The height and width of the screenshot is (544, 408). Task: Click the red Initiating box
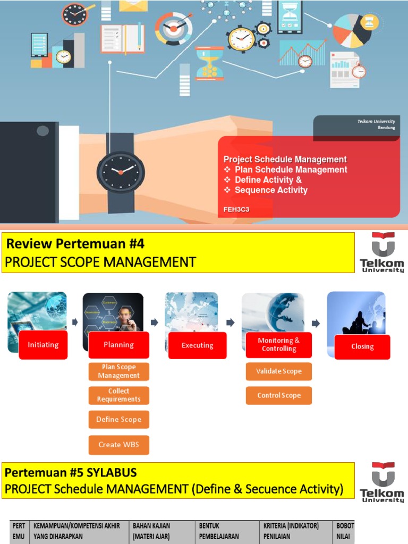coord(43,345)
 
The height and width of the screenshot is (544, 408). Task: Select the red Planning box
coord(118,345)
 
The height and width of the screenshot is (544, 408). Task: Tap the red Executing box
coord(197,345)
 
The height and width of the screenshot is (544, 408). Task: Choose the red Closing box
coord(362,346)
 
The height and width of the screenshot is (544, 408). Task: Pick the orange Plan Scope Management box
coord(118,371)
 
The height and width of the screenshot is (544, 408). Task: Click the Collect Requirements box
coord(118,395)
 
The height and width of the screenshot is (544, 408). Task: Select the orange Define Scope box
coord(118,419)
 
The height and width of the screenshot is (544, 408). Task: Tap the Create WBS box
coord(118,445)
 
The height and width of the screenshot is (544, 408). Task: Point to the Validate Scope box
coord(278,371)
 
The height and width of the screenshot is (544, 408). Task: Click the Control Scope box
coord(278,395)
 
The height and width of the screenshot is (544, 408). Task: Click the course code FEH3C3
coord(236,209)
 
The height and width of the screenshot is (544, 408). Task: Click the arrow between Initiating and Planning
coord(75,322)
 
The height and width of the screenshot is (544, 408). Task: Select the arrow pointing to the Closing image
coord(316,323)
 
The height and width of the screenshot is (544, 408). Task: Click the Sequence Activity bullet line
coord(270,190)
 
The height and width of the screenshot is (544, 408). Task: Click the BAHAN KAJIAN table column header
coord(151,531)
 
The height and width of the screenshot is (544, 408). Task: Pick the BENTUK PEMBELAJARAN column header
coord(219,531)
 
